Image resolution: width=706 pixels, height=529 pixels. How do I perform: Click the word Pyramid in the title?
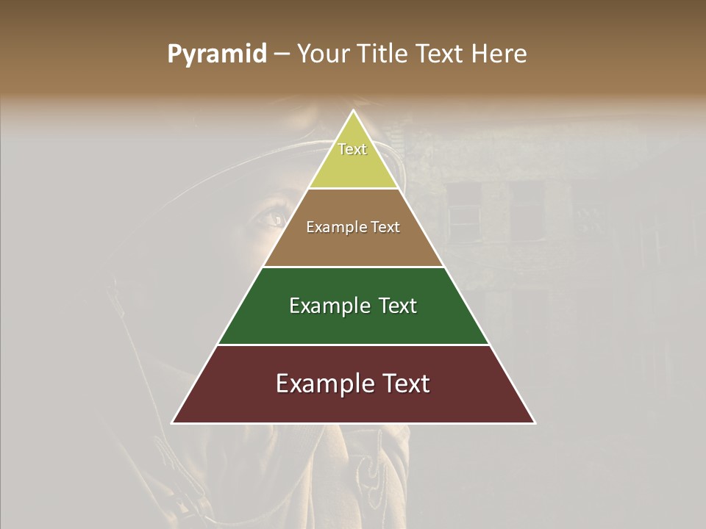[216, 54]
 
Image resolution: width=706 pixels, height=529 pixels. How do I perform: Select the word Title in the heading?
[381, 54]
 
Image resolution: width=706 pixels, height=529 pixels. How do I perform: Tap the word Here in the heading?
[499, 54]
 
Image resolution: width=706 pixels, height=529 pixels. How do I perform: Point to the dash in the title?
[282, 54]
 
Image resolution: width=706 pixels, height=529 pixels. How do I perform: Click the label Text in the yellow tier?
[352, 149]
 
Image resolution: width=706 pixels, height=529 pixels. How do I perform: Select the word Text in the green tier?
[397, 306]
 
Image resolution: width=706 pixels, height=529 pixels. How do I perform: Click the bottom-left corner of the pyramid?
[173, 422]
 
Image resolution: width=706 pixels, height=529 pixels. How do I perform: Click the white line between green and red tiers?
[353, 345]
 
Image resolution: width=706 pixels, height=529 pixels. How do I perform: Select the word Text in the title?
[443, 54]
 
